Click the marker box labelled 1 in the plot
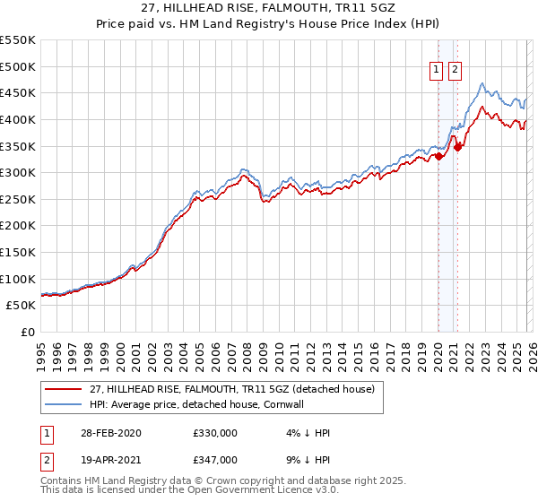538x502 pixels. (x=436, y=71)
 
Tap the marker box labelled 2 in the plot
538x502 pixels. (x=455, y=71)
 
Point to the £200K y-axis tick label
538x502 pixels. (x=18, y=226)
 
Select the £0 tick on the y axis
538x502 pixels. (x=27, y=333)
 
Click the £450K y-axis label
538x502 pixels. (x=18, y=92)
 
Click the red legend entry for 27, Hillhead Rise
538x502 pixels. (x=238, y=389)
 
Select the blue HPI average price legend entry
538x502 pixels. (x=197, y=404)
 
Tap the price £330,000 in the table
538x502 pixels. (x=215, y=433)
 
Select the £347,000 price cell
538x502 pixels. (x=215, y=459)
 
